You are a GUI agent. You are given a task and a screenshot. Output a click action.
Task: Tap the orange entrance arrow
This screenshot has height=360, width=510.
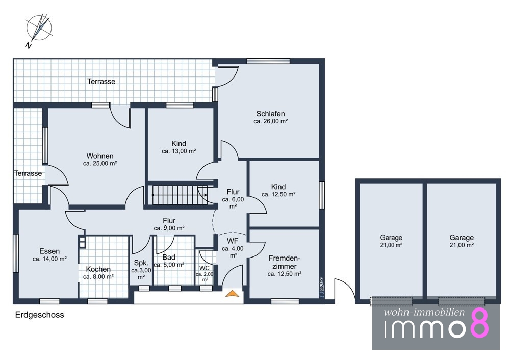coord(232,293)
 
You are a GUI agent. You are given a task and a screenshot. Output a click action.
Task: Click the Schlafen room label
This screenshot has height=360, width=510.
coord(271,114)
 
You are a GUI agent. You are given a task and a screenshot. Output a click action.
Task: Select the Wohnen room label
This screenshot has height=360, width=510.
coord(100,156)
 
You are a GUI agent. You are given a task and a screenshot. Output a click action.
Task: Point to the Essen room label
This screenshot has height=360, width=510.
coord(49,251)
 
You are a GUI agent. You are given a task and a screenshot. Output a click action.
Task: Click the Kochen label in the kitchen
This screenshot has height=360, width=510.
coord(98,269)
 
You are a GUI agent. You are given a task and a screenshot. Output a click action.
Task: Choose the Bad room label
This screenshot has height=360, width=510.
coord(169,257)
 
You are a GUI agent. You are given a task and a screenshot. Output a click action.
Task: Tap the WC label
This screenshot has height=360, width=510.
coord(205,268)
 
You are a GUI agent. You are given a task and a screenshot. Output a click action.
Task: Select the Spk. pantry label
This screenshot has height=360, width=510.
coord(141,263)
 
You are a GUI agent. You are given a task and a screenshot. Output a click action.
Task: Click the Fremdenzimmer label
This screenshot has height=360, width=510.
coord(284,262)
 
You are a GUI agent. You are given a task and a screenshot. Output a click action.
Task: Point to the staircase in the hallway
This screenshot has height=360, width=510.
coord(180,195)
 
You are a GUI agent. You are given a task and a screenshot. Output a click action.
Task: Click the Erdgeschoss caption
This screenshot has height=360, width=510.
coord(40,315)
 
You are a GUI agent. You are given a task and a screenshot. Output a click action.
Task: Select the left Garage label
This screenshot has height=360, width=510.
coord(391,238)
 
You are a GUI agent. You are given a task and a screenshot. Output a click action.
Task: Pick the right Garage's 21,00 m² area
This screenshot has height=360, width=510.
coord(462,245)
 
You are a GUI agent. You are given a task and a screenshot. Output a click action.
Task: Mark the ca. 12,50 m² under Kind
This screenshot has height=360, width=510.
coord(278,194)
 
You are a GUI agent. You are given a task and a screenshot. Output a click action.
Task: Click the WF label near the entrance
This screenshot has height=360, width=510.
coord(233,241)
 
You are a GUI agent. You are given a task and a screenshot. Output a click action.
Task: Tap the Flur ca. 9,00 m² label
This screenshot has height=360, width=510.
coord(169,224)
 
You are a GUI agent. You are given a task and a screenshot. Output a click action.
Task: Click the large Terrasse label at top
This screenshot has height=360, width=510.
coord(101,81)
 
